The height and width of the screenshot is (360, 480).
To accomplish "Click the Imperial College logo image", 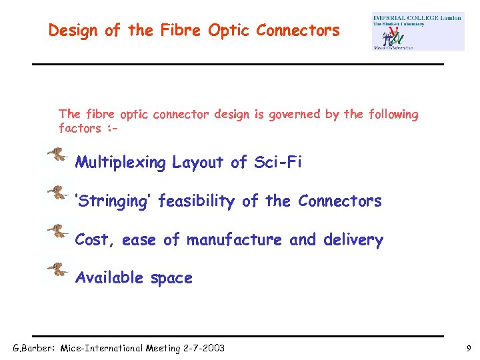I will tap(418, 31).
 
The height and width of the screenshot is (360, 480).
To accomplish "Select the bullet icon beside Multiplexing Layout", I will tap(58, 155).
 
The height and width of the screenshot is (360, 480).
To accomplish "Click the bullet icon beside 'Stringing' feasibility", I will tap(58, 193).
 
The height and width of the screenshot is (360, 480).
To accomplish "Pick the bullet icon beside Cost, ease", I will tap(58, 232).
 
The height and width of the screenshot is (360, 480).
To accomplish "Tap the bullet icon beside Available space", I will tap(58, 270).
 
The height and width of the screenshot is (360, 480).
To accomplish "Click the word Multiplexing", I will tap(121, 163).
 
